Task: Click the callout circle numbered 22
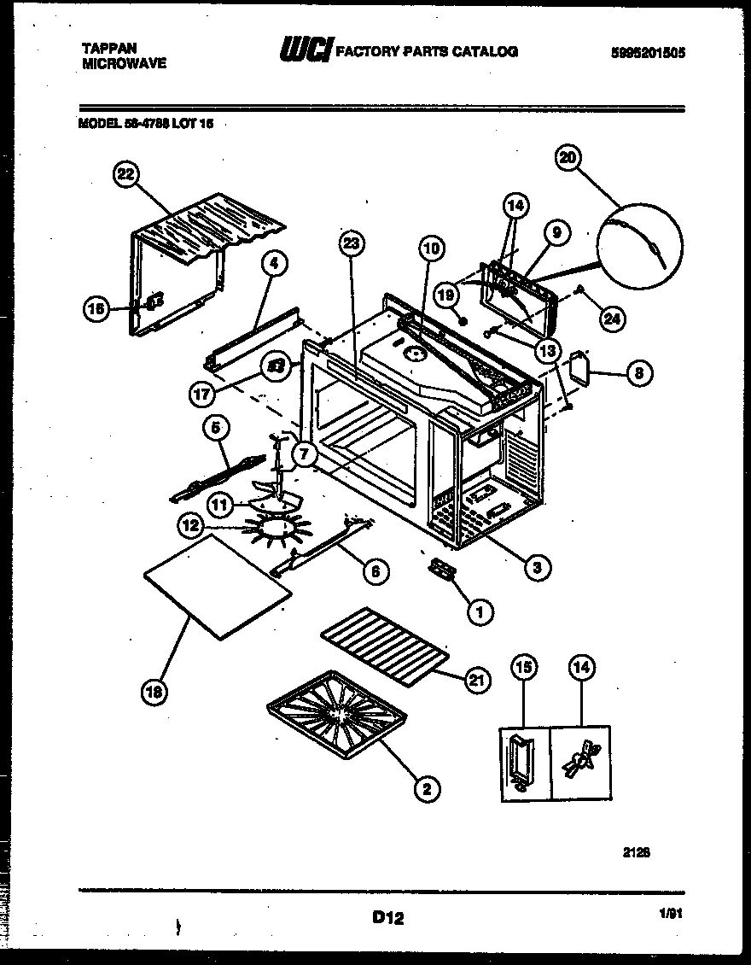125,175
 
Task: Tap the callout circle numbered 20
568,157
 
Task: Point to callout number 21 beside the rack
476,680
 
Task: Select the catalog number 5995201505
649,52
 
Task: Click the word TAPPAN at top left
104,48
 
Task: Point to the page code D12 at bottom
387,919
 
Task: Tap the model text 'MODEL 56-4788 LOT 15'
145,123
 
